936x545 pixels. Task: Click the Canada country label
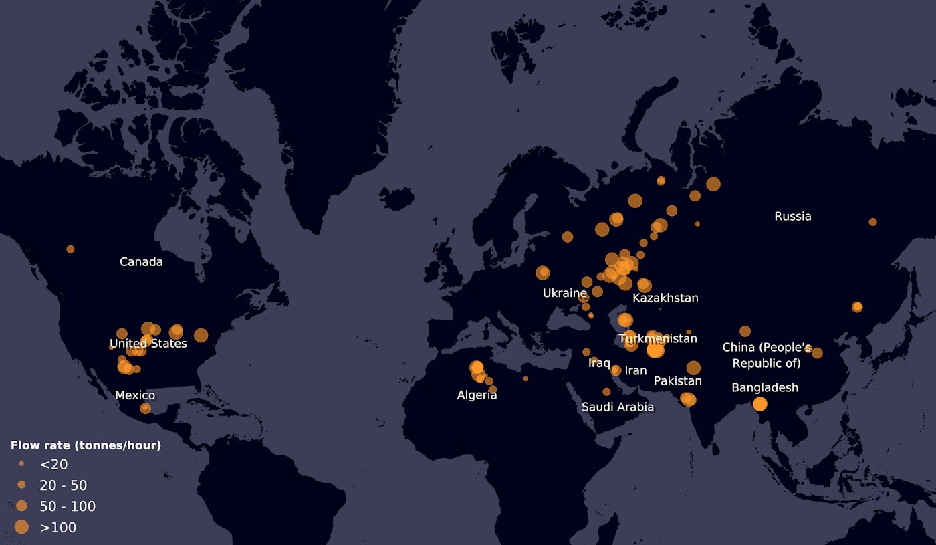click(x=141, y=262)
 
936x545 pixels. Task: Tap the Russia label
click(x=792, y=217)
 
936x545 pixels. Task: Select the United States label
click(x=148, y=344)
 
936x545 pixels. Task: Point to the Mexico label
click(x=135, y=395)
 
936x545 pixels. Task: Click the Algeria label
click(x=477, y=395)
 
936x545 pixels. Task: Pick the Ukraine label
click(x=564, y=293)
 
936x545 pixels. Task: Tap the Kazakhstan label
click(x=665, y=298)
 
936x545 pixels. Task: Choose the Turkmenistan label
click(x=658, y=339)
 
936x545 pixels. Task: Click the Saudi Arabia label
click(x=617, y=407)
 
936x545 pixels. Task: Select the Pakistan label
click(x=677, y=381)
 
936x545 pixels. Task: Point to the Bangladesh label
click(x=765, y=388)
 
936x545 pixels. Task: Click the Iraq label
click(x=599, y=363)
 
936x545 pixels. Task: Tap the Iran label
click(x=636, y=370)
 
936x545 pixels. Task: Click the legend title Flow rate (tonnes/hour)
click(x=86, y=445)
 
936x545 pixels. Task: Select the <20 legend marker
click(x=21, y=463)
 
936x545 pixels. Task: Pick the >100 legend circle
click(x=21, y=527)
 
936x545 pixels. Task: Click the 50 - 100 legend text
click(x=68, y=506)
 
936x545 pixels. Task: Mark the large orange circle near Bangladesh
click(x=759, y=404)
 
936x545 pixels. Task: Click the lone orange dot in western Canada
click(x=70, y=249)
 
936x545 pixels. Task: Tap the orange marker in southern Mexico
click(x=145, y=408)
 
